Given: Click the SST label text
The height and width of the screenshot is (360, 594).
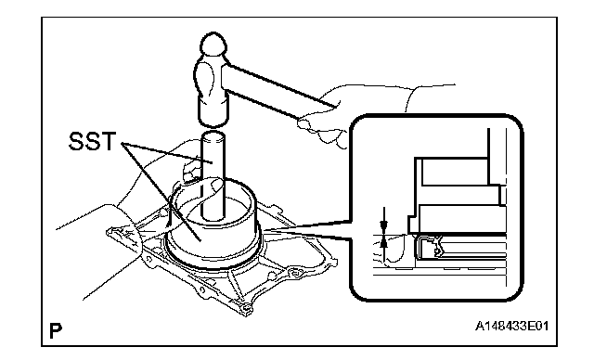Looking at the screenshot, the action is [92, 141].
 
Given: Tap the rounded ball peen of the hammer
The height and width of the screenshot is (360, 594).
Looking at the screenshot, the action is [214, 45].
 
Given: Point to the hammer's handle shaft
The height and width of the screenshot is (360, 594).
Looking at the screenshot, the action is [279, 90].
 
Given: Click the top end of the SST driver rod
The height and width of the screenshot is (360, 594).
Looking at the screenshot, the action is [213, 135].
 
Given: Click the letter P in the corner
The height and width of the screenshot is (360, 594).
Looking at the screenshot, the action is [56, 330].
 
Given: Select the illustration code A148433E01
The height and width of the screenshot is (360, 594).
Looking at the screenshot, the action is [511, 326].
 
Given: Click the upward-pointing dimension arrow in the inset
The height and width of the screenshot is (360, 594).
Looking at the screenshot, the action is [384, 248].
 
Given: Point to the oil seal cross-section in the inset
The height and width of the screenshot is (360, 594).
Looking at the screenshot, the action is [429, 247].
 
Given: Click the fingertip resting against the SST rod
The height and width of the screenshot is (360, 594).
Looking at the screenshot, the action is [217, 186].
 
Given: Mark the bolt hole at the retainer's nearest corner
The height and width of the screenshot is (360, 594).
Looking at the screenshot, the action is [247, 307].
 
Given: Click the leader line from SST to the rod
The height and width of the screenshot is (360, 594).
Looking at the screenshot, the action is [167, 152].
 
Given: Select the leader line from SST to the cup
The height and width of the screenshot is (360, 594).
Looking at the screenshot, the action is [161, 191].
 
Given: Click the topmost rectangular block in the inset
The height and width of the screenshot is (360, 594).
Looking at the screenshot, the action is [455, 172].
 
